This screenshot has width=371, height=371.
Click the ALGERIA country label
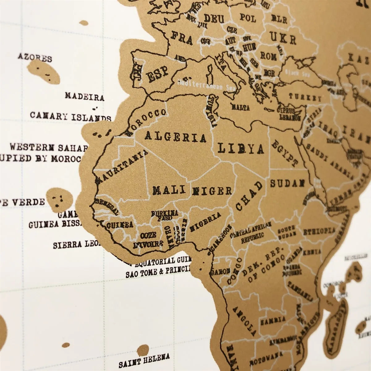click(x=175, y=136)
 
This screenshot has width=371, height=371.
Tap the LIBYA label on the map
click(x=241, y=149)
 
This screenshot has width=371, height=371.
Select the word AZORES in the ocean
click(x=35, y=57)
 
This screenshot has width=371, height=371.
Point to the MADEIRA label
click(x=84, y=97)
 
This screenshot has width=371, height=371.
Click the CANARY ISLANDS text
click(x=70, y=117)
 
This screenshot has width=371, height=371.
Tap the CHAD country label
click(x=249, y=196)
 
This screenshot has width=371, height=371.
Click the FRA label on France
click(x=182, y=40)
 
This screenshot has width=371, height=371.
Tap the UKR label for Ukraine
click(x=283, y=38)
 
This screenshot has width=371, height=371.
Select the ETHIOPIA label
click(x=319, y=231)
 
